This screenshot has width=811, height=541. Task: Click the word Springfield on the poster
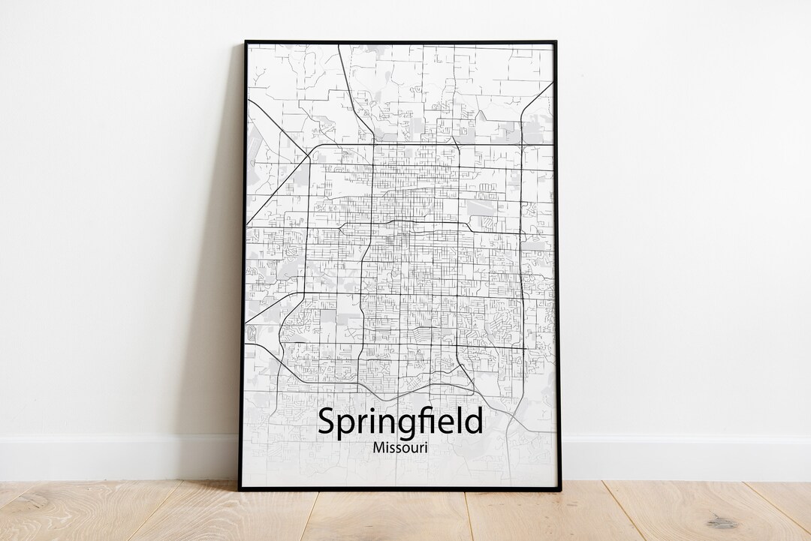[400, 422]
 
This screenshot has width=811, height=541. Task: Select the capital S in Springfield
[327, 421]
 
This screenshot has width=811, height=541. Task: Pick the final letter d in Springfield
[474, 421]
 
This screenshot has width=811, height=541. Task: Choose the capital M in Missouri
[378, 448]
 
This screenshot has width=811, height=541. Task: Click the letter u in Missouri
[413, 449]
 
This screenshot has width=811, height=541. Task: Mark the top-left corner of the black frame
[246, 42]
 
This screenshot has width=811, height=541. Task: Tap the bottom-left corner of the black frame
[240, 489]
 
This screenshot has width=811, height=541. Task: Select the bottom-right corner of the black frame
[560, 490]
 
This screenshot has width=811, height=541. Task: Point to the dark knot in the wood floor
[722, 521]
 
